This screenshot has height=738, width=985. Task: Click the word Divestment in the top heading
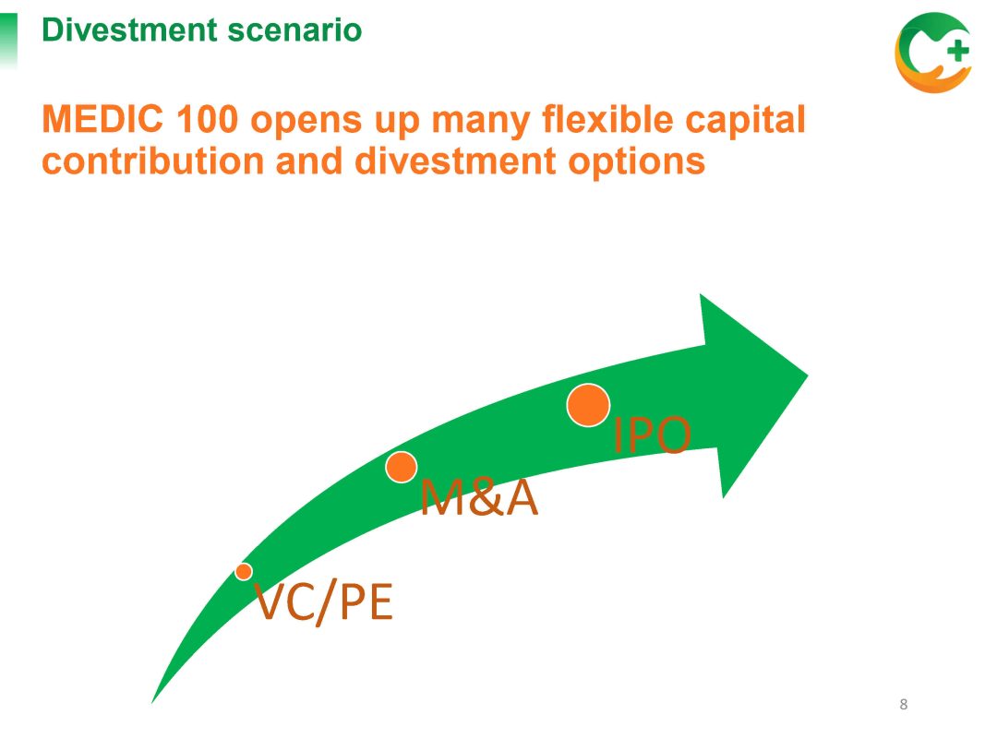tap(130, 30)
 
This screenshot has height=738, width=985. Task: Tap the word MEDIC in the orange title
tap(102, 119)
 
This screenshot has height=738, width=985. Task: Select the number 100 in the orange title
tap(208, 119)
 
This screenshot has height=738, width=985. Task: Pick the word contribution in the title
tap(153, 161)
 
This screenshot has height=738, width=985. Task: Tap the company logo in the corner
tap(933, 53)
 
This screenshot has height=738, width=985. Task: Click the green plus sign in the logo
tap(957, 50)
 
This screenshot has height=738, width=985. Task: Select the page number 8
tap(904, 704)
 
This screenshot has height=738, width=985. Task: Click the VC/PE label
tap(323, 602)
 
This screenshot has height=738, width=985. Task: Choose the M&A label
tap(479, 497)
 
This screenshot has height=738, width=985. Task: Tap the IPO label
tap(652, 434)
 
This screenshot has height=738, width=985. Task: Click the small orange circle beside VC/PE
tap(244, 572)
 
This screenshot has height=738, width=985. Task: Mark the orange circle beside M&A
tap(401, 467)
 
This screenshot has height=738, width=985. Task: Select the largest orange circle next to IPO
tap(588, 405)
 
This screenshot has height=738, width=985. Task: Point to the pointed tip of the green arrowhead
tap(808, 375)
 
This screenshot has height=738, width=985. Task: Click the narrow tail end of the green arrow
tap(152, 702)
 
